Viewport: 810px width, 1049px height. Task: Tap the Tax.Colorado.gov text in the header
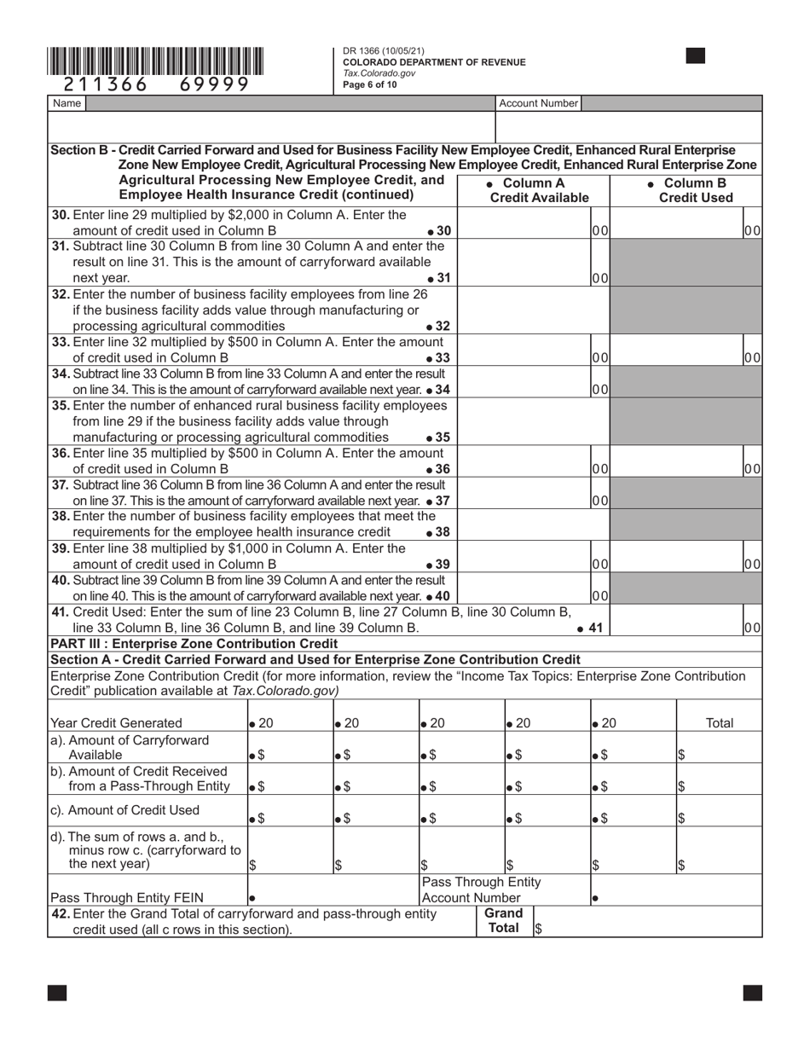(x=379, y=73)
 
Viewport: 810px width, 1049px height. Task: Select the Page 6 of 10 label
(x=370, y=84)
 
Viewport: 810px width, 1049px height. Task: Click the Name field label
(x=67, y=103)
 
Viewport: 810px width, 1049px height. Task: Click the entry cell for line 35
(x=524, y=422)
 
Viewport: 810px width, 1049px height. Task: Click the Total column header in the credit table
(x=720, y=723)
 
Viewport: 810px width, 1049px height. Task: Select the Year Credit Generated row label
(x=117, y=723)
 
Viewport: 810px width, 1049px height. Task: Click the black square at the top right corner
(x=696, y=56)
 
